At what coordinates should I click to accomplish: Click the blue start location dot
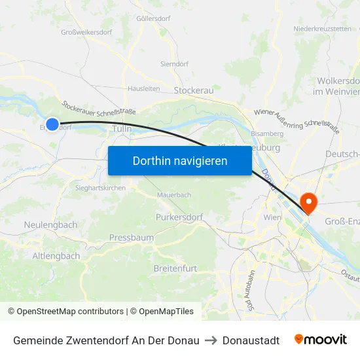click(x=52, y=123)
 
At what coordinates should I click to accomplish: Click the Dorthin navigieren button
click(x=180, y=160)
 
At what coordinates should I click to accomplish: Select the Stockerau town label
click(x=194, y=91)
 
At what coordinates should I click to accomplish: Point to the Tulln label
click(x=122, y=129)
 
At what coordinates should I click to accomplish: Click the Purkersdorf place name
click(x=179, y=217)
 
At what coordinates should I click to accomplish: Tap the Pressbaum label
click(x=132, y=238)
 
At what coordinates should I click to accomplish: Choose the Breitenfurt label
click(x=175, y=268)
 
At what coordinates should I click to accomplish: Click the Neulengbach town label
click(x=50, y=225)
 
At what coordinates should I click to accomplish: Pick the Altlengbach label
click(x=56, y=256)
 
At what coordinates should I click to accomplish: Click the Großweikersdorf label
click(x=86, y=31)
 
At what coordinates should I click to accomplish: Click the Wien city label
click(x=272, y=217)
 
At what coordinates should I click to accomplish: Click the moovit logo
click(x=320, y=340)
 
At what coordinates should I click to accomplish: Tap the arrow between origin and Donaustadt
click(x=211, y=340)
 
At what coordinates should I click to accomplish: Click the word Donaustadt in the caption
click(x=251, y=340)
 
